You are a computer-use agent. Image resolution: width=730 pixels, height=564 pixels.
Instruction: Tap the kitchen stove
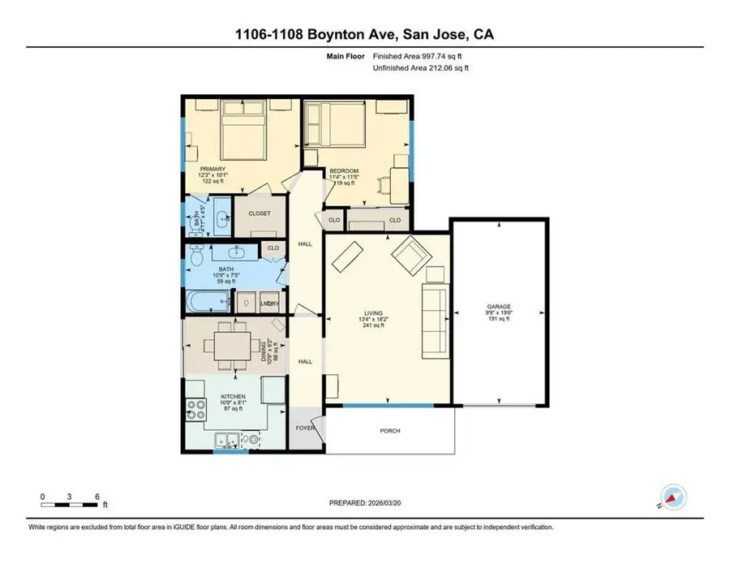(x=195, y=407)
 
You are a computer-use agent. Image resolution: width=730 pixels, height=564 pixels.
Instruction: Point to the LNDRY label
(x=270, y=304)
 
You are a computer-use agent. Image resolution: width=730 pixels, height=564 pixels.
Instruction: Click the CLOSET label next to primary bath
(x=259, y=214)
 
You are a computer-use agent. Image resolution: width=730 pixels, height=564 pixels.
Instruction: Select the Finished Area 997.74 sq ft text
(x=420, y=57)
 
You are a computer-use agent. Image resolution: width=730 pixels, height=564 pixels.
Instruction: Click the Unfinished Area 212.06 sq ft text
(x=420, y=68)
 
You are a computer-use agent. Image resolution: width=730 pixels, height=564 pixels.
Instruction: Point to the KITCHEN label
(x=234, y=398)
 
